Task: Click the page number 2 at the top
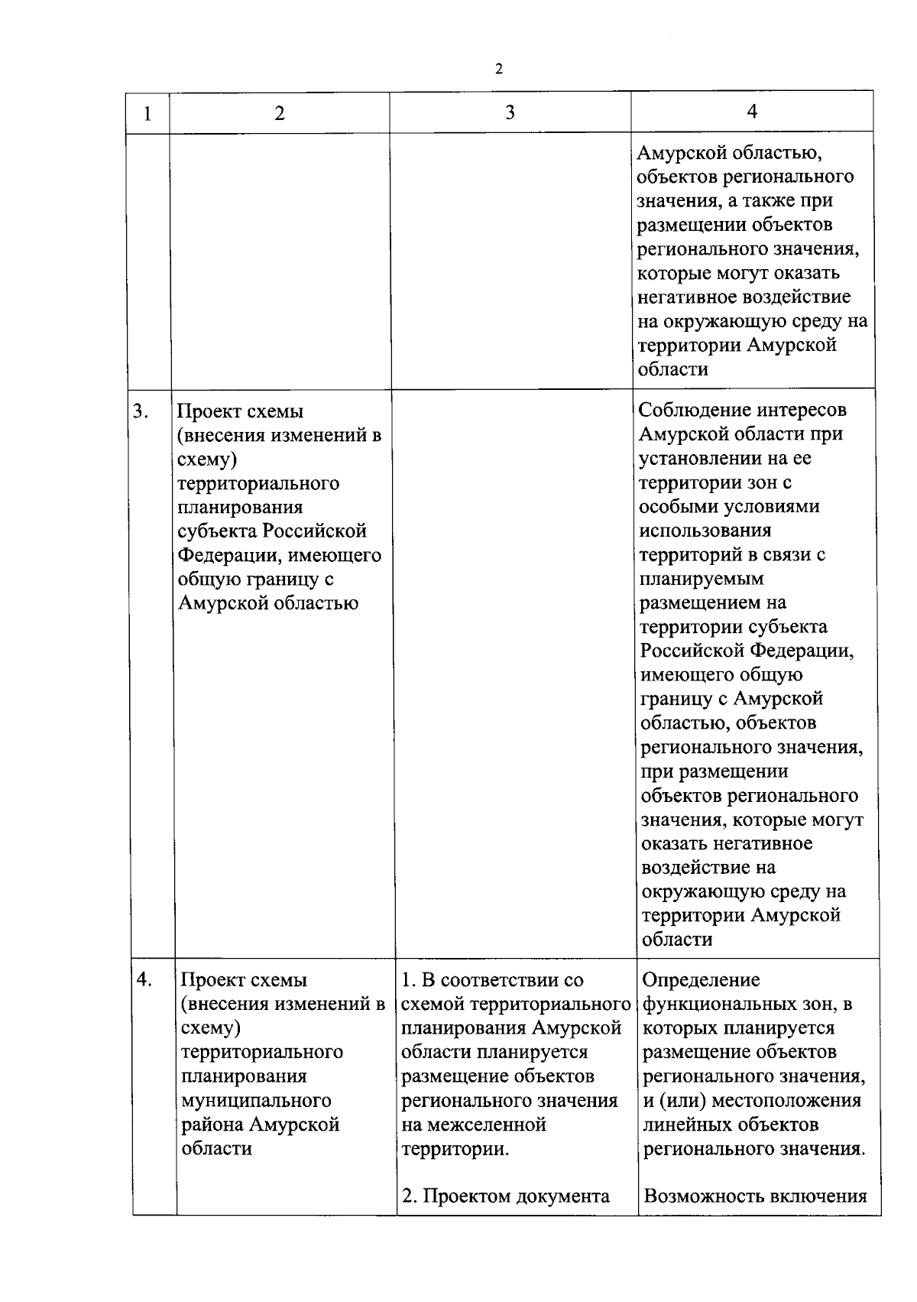pos(499,70)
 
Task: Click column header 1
pos(147,114)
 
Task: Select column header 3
pos(510,112)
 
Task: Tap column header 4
pos(752,112)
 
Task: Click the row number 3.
pos(140,411)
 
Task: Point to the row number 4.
pos(144,979)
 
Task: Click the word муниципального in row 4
pos(256,1100)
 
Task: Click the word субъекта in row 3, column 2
pos(216,531)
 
